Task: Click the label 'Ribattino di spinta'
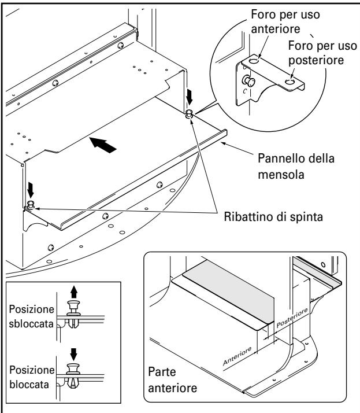pos(273,217)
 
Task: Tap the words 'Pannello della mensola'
pos(296,167)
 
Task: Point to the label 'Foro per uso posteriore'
pos(322,53)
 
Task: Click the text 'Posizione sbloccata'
pos(32,316)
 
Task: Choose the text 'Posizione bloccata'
pos(32,377)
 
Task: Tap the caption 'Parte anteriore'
pos(172,380)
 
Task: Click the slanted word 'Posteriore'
pos(292,318)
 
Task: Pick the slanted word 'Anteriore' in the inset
pos(237,356)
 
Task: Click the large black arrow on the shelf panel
pos(103,145)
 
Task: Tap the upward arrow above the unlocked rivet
pos(74,292)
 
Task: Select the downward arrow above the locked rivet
pos(74,354)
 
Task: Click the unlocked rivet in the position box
pos(74,314)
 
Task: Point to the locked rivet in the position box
pos(73,375)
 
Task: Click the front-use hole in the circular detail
pos(254,61)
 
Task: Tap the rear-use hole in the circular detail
pos(290,83)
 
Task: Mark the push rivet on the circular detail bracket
pos(248,81)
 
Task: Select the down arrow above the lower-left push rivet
pos(31,190)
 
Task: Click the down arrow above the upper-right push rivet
pos(189,97)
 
